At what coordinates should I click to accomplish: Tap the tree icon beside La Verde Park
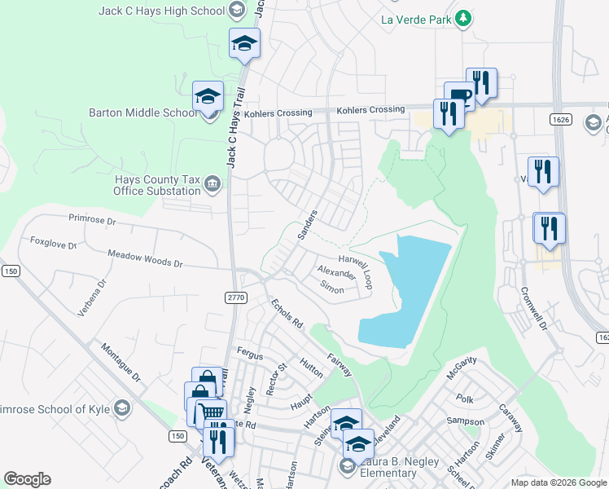[x=463, y=17]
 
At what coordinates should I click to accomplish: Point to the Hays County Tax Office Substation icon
[x=213, y=184]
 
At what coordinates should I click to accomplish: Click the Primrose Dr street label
[x=94, y=220]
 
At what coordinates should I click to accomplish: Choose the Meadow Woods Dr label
[x=146, y=259]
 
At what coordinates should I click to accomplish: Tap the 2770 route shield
[x=236, y=298]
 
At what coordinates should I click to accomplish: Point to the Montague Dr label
[x=121, y=363]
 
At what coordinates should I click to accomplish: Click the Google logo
[x=27, y=479]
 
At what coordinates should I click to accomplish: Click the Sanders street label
[x=307, y=224]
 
